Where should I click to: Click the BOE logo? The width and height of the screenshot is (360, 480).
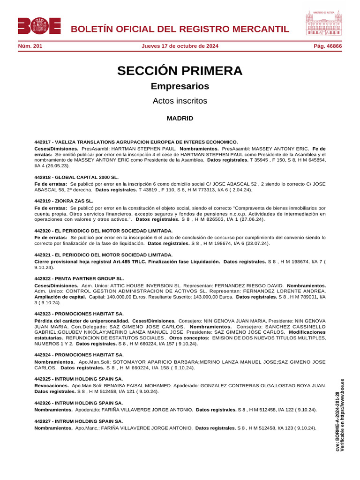[39, 26]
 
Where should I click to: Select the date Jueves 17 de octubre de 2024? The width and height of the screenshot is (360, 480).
[180, 46]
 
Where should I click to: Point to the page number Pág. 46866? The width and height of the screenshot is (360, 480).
[328, 46]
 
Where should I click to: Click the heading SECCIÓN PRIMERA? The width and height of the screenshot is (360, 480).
[180, 71]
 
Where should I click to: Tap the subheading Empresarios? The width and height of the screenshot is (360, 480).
[180, 86]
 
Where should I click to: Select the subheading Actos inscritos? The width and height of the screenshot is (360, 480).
[180, 101]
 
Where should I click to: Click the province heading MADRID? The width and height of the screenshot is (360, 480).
[180, 119]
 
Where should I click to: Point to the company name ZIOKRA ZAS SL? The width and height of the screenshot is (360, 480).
[74, 201]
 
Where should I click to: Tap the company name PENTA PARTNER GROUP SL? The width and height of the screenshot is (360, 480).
[90, 278]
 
